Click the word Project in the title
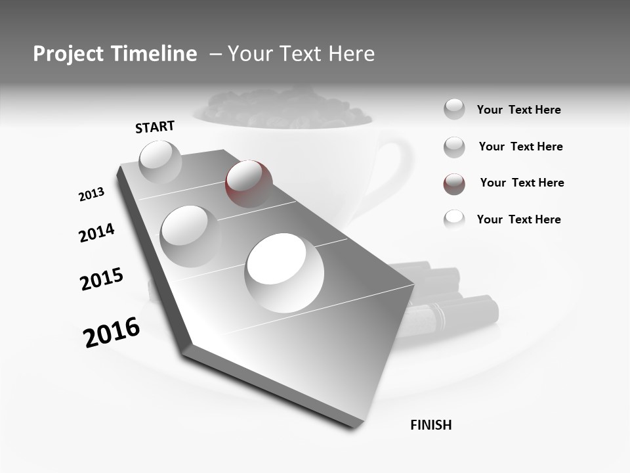click(x=68, y=55)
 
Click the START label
click(x=155, y=127)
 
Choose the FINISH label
click(x=430, y=425)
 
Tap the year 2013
click(x=91, y=194)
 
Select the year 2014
click(x=96, y=233)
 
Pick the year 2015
click(x=102, y=279)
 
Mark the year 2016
click(x=112, y=332)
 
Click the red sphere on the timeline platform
click(x=249, y=183)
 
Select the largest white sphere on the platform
click(x=284, y=273)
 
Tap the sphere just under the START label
click(x=160, y=162)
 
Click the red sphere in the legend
click(x=454, y=184)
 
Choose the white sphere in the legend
click(x=454, y=219)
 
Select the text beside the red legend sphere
click(x=522, y=183)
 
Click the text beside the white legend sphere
click(x=518, y=219)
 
